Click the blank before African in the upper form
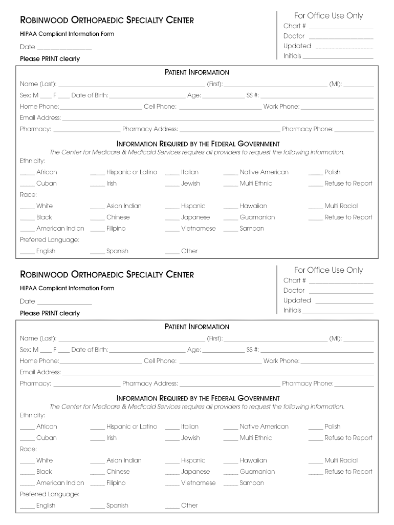[x=27, y=173]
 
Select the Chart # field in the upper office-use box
[x=341, y=27]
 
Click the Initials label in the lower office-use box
[x=292, y=311]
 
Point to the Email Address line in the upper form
[x=217, y=119]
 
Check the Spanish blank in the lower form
[x=97, y=507]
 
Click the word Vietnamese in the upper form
[x=198, y=229]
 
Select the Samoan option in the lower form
[x=252, y=483]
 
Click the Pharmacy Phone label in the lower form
[x=308, y=383]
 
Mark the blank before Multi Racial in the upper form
[x=315, y=207]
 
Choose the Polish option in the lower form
[x=332, y=427]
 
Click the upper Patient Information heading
[x=197, y=72]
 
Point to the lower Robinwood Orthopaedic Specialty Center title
[x=107, y=274]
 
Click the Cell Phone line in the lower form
[x=220, y=362]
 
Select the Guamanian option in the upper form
[x=257, y=217]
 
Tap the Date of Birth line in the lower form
[x=147, y=351]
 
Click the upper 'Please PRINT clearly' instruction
[x=50, y=59]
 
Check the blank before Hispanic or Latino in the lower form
[x=97, y=428]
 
